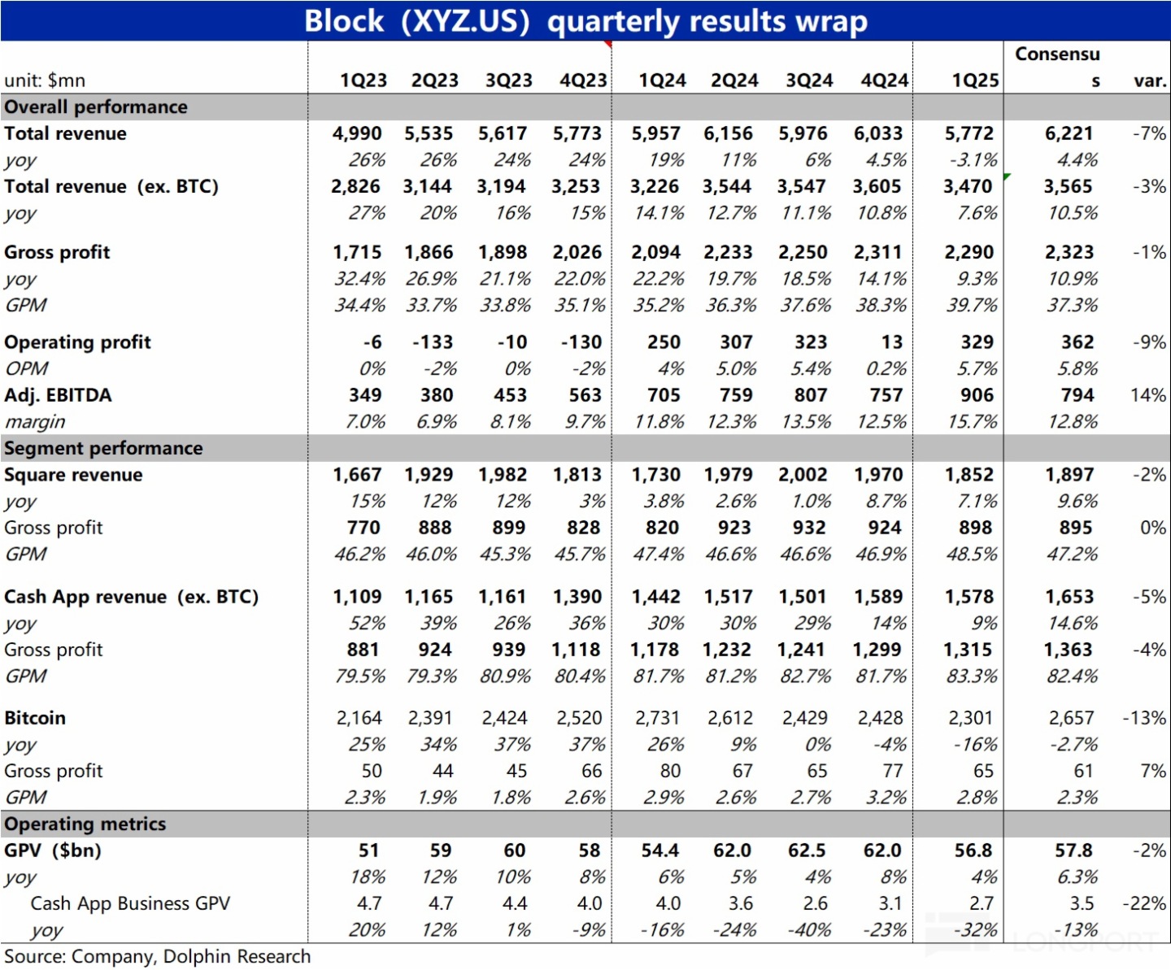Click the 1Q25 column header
pos(975,80)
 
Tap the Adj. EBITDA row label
pos(58,395)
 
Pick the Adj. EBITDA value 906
pos(977,395)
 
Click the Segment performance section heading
pos(103,448)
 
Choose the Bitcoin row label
pos(35,718)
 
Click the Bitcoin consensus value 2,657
pos(1071,718)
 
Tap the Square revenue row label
pos(73,475)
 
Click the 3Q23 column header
pos(508,80)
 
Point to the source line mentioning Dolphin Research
pos(157,956)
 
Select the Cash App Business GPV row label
pos(130,903)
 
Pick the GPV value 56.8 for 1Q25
pos(973,850)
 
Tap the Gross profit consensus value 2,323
pos(1069,253)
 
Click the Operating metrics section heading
pos(85,824)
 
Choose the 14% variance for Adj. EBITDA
pos(1147,395)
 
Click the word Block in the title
pos(343,20)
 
